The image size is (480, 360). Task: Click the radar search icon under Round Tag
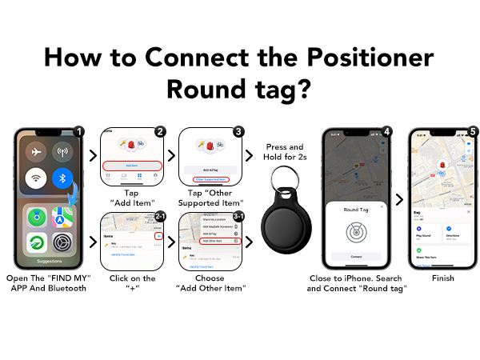click(355, 231)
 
